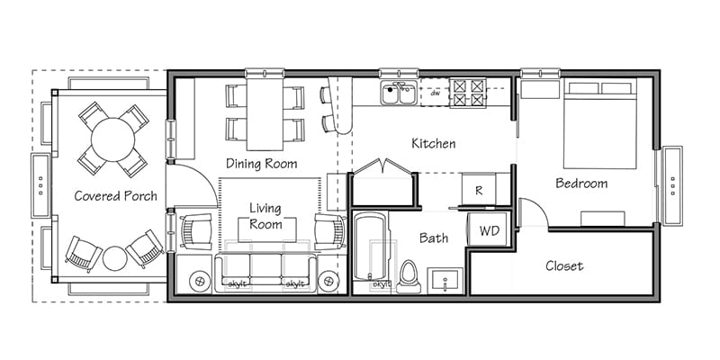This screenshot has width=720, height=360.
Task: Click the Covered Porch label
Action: (x=116, y=196)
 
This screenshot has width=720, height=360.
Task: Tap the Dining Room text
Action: (x=261, y=164)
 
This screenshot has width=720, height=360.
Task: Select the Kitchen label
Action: (x=434, y=143)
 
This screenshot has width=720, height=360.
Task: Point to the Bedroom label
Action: (x=581, y=184)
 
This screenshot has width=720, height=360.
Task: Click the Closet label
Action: (x=564, y=265)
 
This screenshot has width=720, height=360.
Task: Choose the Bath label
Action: (x=434, y=238)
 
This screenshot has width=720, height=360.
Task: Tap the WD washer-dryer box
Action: (x=489, y=229)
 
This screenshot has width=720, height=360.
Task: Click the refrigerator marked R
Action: (x=479, y=189)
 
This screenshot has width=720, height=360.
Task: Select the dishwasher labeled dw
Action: (x=435, y=93)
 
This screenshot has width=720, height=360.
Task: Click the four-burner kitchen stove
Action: (x=467, y=93)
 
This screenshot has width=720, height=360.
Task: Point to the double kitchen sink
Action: (x=399, y=93)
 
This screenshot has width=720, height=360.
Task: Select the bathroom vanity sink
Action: (x=445, y=280)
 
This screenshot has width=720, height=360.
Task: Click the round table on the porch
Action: (x=113, y=139)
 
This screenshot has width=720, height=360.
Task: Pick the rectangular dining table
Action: (x=265, y=114)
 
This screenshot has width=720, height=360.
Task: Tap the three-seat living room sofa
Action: (x=265, y=273)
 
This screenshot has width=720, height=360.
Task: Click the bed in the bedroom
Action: (x=599, y=125)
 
